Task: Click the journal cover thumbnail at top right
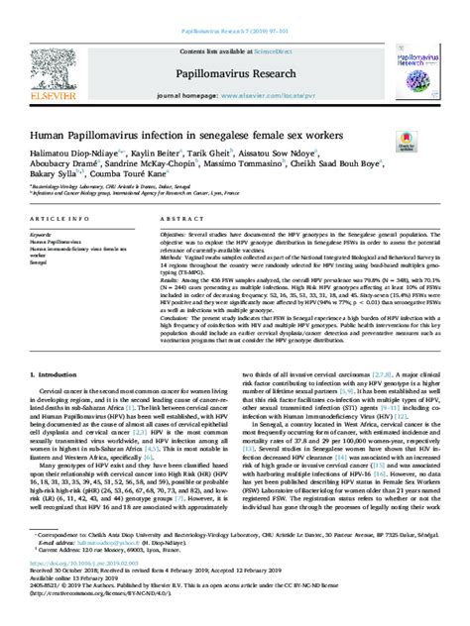[x=418, y=58]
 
